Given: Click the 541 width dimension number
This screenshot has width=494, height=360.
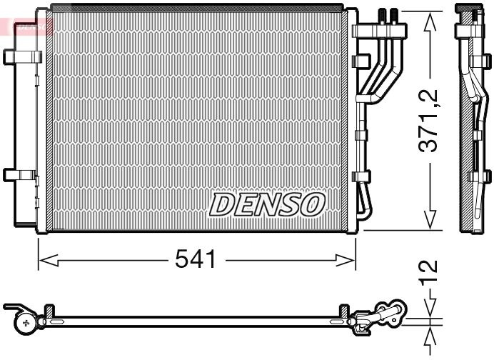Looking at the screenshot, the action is pos(196,258).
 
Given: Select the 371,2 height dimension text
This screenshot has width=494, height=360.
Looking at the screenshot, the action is pos(428,121).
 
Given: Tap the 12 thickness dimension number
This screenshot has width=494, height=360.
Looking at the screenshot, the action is pos(428,271).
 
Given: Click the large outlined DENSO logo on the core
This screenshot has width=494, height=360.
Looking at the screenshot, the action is pos(267,204).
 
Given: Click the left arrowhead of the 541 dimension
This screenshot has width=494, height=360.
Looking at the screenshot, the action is pos(48,261).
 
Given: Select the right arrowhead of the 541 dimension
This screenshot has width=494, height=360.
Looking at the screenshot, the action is pos(346,261).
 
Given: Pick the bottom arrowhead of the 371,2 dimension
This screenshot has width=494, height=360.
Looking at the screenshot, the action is pos(430,220).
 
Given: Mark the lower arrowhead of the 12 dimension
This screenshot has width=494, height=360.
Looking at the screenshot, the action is pos(430,336).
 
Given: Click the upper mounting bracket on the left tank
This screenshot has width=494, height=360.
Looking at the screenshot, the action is pos(22,57).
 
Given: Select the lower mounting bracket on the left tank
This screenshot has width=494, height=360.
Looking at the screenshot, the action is pos(20,175).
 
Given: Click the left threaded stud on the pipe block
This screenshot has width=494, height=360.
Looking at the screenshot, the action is pos(382,16).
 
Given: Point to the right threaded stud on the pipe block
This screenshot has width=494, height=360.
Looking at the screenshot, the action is pos(394,16).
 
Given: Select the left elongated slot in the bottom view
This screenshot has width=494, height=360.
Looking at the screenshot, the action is pos(57,322).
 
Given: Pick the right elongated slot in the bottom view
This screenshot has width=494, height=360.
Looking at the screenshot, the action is pos(337,322).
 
